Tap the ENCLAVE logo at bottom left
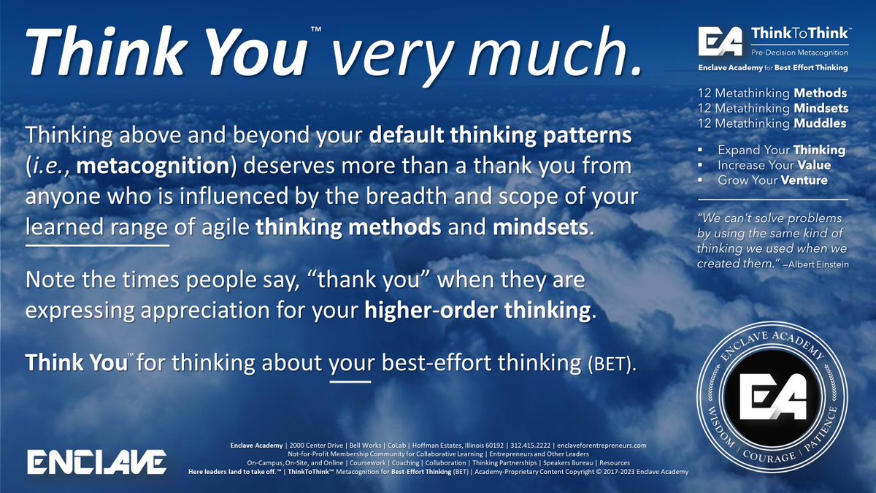tap(97, 462)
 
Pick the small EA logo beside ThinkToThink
tap(720, 41)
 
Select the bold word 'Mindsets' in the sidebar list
tap(819, 108)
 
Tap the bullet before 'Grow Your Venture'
tap(702, 180)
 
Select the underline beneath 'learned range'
tap(97, 245)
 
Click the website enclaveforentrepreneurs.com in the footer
tap(601, 445)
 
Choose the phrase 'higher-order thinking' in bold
tap(477, 309)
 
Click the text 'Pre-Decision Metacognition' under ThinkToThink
tap(799, 52)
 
